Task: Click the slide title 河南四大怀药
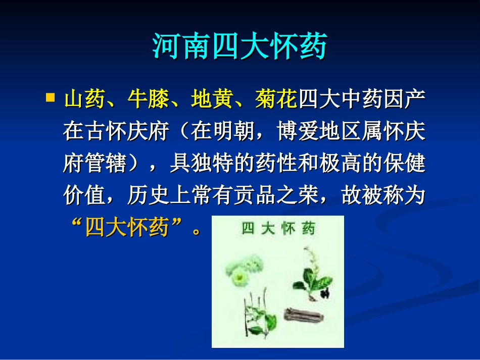(x=239, y=46)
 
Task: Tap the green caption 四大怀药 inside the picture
(x=278, y=228)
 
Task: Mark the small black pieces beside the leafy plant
(x=325, y=292)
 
